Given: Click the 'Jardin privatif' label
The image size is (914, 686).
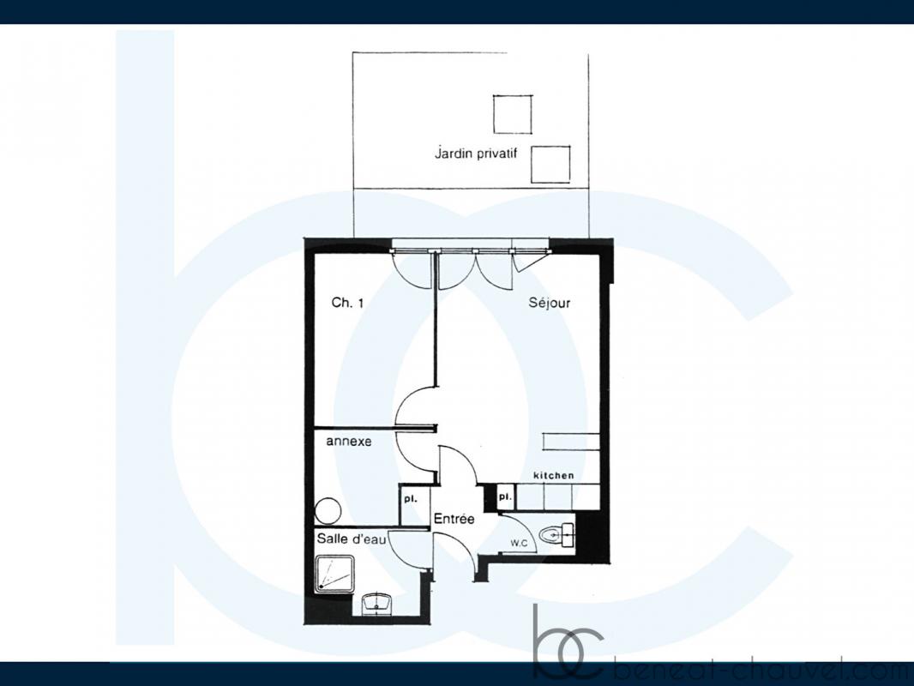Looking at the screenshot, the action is (x=476, y=153).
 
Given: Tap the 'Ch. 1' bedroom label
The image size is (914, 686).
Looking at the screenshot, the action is (x=347, y=303).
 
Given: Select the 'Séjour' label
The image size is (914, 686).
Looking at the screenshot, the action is (x=549, y=303).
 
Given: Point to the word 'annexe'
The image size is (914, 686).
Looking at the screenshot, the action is (x=349, y=442).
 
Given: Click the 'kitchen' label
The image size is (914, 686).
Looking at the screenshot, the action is (x=554, y=476).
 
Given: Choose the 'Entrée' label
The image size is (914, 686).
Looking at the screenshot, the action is (x=454, y=519).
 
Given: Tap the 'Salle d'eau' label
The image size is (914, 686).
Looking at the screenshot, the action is (x=351, y=539).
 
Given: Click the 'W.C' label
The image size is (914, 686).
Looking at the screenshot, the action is (x=520, y=543).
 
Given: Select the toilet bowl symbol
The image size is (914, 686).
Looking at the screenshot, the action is (x=556, y=534).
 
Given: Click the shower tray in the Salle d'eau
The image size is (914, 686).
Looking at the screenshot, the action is (x=334, y=575).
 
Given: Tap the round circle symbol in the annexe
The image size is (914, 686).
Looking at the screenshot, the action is (x=328, y=511).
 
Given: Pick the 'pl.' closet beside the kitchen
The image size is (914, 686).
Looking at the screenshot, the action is (x=505, y=497).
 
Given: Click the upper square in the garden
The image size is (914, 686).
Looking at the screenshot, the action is (x=513, y=114).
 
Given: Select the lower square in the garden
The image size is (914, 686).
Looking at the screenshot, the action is (x=550, y=164).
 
